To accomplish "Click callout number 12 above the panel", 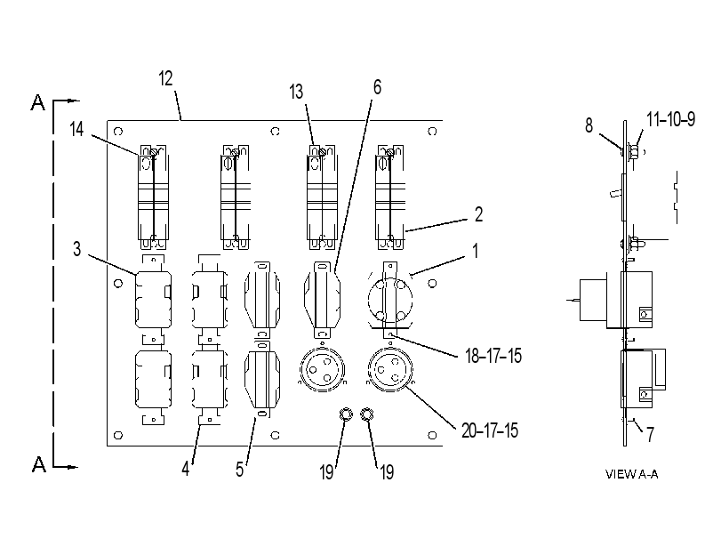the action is [x=165, y=78].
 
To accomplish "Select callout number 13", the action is [x=297, y=92].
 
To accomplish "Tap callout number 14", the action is [x=76, y=129].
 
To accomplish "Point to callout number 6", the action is [x=377, y=87].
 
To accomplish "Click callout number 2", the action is [x=478, y=214].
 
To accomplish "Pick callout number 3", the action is [x=76, y=249].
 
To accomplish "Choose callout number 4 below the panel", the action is [x=185, y=469].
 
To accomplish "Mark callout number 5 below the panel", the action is [x=239, y=470].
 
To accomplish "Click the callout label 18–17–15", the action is [x=493, y=356].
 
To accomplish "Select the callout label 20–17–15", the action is [x=490, y=430].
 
